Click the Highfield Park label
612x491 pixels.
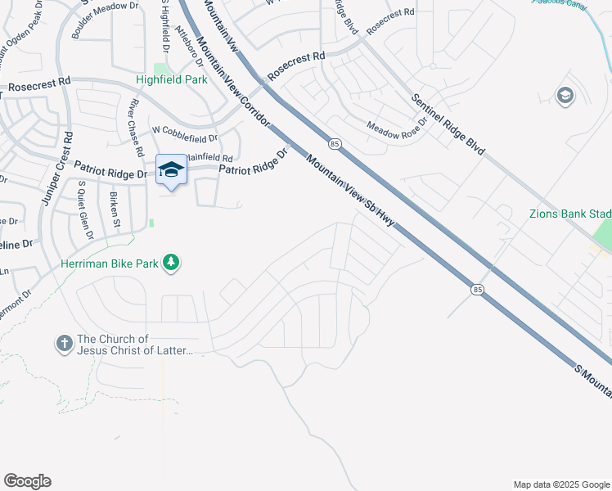pos(171,80)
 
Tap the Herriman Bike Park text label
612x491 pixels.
pos(110,264)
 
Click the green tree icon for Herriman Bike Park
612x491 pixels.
pos(171,262)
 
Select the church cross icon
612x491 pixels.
pos(65,344)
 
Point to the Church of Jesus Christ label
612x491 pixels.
pos(135,345)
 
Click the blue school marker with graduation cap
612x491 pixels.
pos(171,169)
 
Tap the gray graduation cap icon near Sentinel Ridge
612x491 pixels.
pos(565,96)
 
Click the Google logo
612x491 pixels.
pos(27,481)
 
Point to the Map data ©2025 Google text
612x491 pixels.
pos(560,484)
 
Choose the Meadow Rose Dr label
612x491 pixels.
pos(398,128)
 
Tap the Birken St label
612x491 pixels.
pos(115,210)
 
